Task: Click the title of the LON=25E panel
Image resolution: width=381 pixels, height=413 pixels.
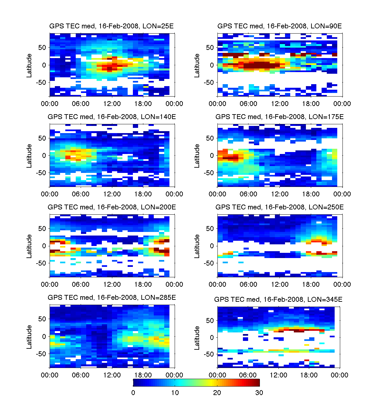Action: tap(111, 26)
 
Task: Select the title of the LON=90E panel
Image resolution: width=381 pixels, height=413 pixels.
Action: tap(279, 26)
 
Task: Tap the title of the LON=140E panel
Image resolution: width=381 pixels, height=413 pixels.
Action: tap(112, 117)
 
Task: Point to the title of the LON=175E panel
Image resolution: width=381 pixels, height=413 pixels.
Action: tap(279, 117)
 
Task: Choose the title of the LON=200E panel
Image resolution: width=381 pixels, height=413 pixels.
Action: tap(112, 207)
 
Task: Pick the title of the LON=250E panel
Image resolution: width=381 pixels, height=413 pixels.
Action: tap(279, 207)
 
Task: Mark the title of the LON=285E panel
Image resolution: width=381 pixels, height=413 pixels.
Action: tap(112, 298)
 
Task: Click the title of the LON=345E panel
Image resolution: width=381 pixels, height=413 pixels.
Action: tap(278, 299)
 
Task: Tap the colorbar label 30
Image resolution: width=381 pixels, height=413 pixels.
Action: tap(259, 393)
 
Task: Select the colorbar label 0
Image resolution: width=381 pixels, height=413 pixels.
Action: tap(133, 393)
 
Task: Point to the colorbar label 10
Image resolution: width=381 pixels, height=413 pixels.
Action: tap(175, 393)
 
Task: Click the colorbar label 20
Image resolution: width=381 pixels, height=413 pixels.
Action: tap(217, 393)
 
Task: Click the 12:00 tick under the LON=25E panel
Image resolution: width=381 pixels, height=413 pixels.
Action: tap(112, 104)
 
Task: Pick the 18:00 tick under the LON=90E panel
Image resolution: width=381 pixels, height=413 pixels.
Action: tap(311, 104)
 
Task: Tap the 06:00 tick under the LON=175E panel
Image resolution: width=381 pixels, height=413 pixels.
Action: tap(248, 194)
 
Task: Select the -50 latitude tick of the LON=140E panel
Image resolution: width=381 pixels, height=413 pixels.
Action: tap(41, 173)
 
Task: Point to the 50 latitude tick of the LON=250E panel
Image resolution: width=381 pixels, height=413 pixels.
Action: tap(210, 229)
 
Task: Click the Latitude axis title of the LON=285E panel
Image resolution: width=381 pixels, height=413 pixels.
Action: tap(29, 337)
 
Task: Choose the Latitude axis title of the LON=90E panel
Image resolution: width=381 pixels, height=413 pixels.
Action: tap(197, 66)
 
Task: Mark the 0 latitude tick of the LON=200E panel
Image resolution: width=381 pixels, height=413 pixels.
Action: tap(44, 246)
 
